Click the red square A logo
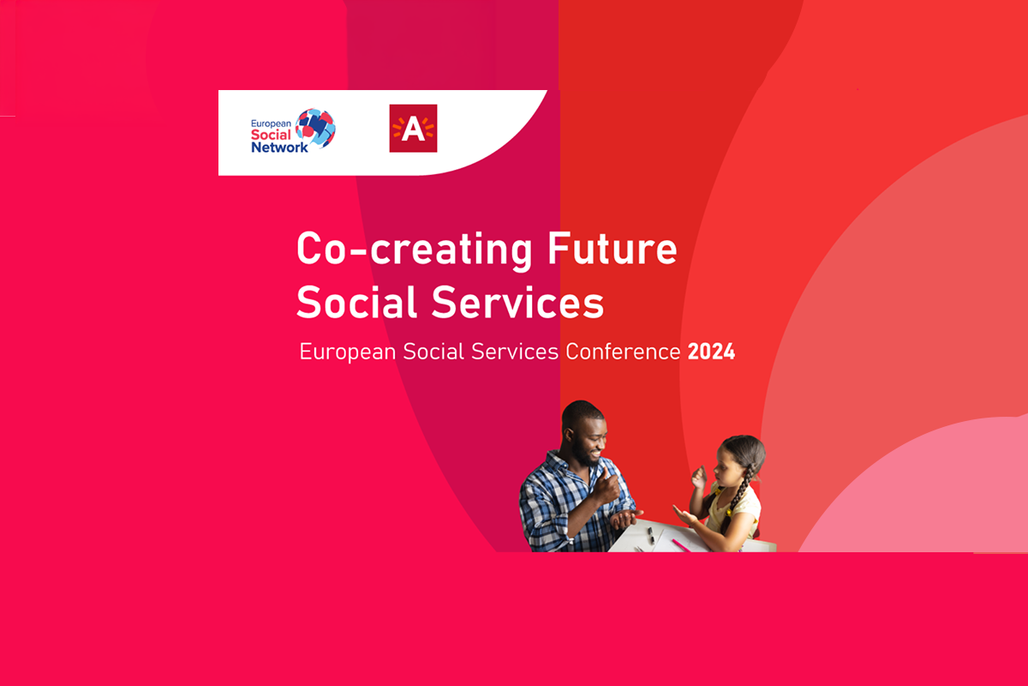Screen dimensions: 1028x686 [413, 128]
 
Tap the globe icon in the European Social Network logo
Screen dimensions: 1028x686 [316, 128]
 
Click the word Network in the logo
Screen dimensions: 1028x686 [279, 147]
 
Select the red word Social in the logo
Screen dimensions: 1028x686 [271, 135]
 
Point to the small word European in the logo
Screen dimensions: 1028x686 [271, 123]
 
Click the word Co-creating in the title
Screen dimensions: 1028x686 [414, 250]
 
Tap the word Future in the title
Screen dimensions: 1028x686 [613, 248]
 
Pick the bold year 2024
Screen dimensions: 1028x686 [711, 352]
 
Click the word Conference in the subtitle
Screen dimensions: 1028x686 [622, 352]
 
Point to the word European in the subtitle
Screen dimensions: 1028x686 [348, 352]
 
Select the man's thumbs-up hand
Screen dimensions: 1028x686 [608, 487]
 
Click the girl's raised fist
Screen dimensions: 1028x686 [699, 478]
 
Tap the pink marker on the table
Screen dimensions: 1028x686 [681, 545]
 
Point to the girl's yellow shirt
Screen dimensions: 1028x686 [736, 509]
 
